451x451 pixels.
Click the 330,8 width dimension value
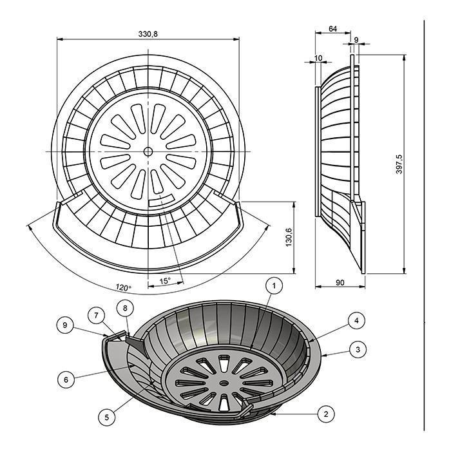(x=148, y=34)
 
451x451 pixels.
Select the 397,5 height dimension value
(x=399, y=164)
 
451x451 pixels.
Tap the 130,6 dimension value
(x=289, y=237)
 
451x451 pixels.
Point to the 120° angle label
(x=124, y=287)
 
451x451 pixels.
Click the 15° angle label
(x=165, y=281)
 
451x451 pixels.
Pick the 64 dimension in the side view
(x=332, y=29)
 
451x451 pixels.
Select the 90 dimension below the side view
(x=340, y=282)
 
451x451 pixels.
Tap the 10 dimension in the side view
(x=318, y=58)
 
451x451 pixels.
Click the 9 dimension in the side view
(x=356, y=40)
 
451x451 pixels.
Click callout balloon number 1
(x=274, y=285)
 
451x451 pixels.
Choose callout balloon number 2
(x=326, y=414)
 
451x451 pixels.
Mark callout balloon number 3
(x=358, y=349)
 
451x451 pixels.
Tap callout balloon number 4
(x=357, y=320)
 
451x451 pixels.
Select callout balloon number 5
(x=107, y=417)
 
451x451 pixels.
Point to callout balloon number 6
(x=66, y=379)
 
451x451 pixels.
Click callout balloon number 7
(x=97, y=316)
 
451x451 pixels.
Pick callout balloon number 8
(x=125, y=308)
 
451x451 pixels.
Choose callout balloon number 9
(x=65, y=325)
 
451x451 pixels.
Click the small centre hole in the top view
(x=148, y=151)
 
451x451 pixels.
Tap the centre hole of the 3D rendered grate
(x=224, y=383)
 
